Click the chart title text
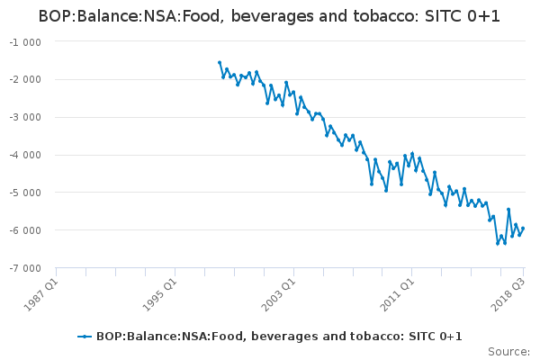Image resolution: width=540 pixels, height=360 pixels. click(x=270, y=16)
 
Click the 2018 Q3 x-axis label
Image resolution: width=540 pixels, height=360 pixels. click(x=508, y=290)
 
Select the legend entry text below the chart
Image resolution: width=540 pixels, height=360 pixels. click(x=279, y=337)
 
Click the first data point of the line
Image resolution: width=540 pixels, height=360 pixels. click(x=220, y=62)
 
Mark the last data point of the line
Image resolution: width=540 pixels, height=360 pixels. click(x=523, y=229)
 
